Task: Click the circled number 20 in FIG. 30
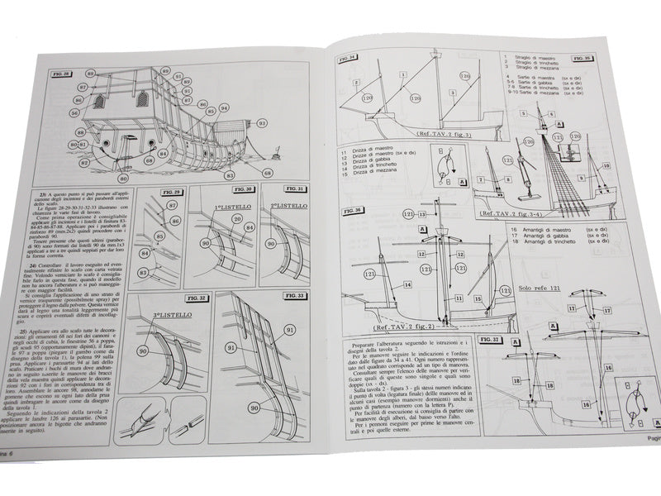click(237, 217)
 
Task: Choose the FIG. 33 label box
click(293, 295)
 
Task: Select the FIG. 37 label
click(490, 340)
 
